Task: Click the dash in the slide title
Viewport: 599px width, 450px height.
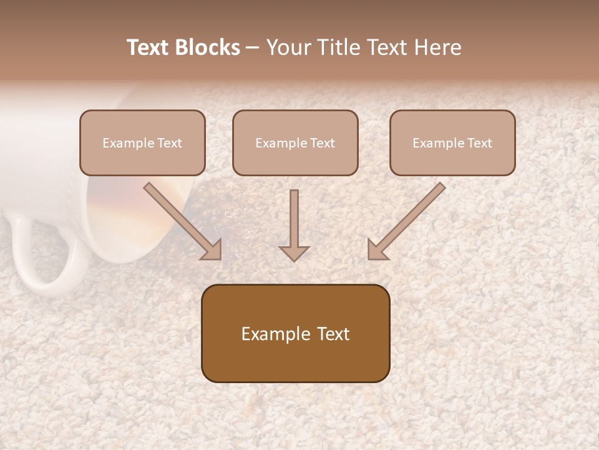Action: pos(253,47)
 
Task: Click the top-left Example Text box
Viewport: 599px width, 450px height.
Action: pos(142,142)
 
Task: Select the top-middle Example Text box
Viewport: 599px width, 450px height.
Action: pos(295,142)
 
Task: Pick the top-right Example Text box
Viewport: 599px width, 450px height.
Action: pos(452,142)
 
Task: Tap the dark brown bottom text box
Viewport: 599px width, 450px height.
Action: pos(295,333)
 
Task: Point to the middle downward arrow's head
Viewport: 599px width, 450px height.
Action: pos(294,251)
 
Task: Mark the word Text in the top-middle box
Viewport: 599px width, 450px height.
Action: pos(322,143)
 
